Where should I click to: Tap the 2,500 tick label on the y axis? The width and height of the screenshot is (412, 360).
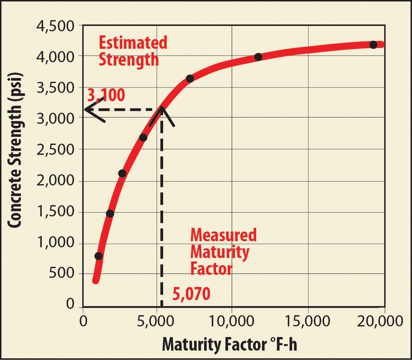[59, 150]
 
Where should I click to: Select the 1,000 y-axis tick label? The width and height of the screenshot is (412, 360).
[59, 244]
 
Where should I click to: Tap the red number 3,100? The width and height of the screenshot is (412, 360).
[106, 96]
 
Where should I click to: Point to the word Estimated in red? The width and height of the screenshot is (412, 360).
[132, 43]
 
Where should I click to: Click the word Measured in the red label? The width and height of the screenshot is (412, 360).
[223, 235]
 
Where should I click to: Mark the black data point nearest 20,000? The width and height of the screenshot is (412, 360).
[373, 45]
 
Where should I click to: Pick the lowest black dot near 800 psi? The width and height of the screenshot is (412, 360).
[98, 256]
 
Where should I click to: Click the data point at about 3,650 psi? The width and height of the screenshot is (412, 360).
[190, 78]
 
